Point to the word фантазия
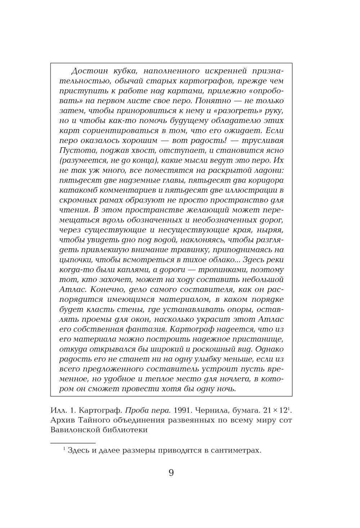point(145,329)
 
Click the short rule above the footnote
point(73,443)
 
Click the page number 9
point(171,473)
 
